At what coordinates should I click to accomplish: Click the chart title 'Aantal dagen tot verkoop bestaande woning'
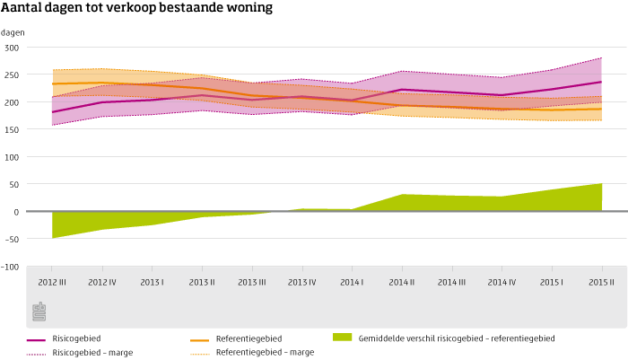[x=137, y=9]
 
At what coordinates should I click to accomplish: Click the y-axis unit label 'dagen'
[x=13, y=32]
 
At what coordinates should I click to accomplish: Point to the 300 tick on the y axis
[x=12, y=48]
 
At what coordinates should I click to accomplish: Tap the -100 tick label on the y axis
[x=10, y=268]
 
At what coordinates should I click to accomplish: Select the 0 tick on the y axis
[x=15, y=213]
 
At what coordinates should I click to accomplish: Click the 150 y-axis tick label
[x=12, y=130]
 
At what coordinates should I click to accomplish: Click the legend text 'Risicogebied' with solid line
[x=76, y=338]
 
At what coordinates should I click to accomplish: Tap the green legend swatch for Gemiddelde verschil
[x=342, y=338]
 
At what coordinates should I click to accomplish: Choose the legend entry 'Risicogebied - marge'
[x=92, y=353]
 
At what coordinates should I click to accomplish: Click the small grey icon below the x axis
[x=39, y=312]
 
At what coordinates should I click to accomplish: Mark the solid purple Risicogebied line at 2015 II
[x=601, y=82]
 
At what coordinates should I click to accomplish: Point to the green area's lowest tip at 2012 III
[x=53, y=238]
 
